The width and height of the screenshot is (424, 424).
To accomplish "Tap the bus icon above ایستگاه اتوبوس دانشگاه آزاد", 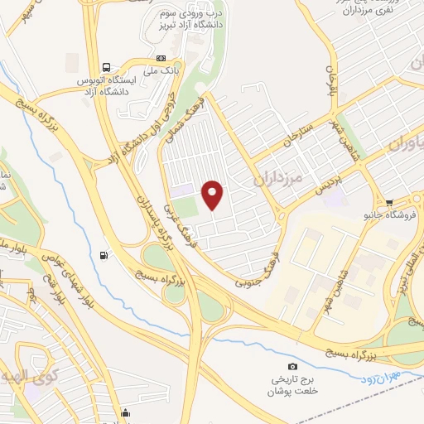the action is tap(106, 67).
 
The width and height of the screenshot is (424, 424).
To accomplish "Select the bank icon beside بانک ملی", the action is tap(161, 58).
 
